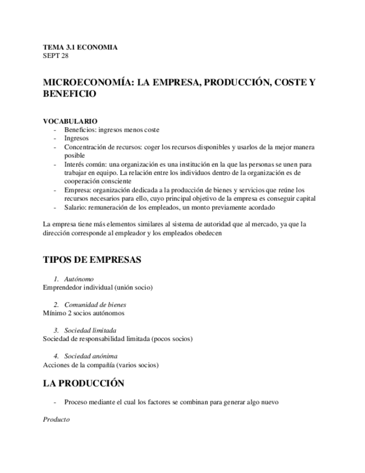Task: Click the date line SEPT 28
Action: pos(56,56)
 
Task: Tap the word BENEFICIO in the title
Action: pos(70,94)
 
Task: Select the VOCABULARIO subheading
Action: pos(70,121)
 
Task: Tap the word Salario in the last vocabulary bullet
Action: pos(75,207)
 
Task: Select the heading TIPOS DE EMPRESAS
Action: pos(92,260)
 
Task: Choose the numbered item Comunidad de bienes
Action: pos(95,305)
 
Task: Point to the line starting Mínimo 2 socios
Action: pos(84,313)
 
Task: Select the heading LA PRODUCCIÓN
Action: pos(84,383)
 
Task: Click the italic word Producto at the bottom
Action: pos(56,419)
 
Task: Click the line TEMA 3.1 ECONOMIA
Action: pos(80,47)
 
